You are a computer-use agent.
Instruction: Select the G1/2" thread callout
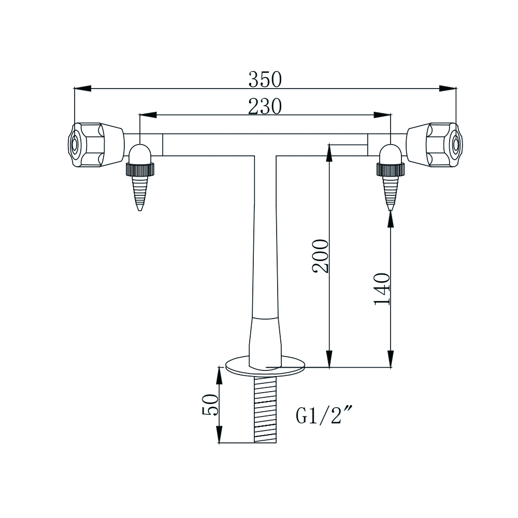coord(324,415)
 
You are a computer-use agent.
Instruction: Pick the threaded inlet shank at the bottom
coord(266,409)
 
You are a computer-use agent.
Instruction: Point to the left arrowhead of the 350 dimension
coord(83,88)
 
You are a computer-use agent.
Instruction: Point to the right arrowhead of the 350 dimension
coord(448,88)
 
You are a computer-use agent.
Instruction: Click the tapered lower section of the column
coord(266,339)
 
